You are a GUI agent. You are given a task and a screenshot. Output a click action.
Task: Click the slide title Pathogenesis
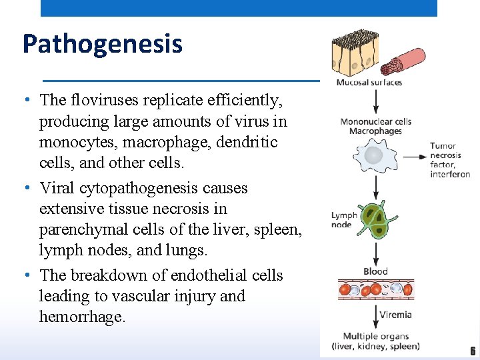(x=102, y=45)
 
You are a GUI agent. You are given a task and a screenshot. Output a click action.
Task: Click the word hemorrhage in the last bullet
(x=82, y=317)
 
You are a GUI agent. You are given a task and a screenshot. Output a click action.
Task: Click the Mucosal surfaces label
(x=369, y=83)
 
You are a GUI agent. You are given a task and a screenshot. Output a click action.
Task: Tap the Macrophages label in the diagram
(x=375, y=131)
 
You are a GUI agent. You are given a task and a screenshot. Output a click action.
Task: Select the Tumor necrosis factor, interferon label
(x=449, y=160)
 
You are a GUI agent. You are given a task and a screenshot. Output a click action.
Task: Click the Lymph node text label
(x=344, y=220)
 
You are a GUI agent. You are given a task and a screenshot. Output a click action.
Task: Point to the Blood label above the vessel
(x=376, y=271)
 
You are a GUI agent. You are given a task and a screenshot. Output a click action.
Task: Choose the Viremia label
(x=395, y=315)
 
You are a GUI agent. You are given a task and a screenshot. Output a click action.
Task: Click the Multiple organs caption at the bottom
(x=375, y=341)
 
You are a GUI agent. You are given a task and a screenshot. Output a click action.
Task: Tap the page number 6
(x=473, y=351)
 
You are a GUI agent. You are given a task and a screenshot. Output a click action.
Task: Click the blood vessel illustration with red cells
(x=375, y=289)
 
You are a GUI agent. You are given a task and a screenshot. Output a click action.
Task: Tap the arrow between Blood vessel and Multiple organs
(x=376, y=317)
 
